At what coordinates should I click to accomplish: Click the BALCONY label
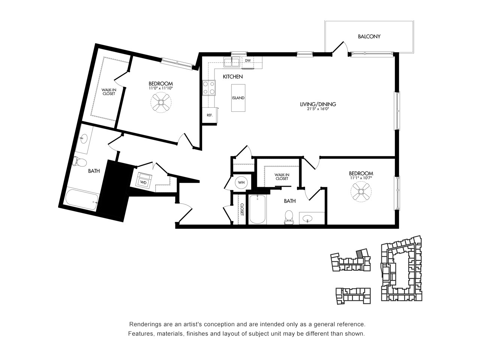tap(369, 36)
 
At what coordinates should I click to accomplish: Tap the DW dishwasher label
tap(248, 60)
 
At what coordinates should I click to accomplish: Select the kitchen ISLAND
tap(238, 98)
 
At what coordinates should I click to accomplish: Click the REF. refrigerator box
tap(210, 115)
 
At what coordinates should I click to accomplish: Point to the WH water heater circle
tap(241, 182)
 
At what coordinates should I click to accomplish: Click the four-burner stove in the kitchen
tap(209, 88)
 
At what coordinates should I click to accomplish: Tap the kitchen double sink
tap(232, 62)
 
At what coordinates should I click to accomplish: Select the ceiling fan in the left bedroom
tap(161, 102)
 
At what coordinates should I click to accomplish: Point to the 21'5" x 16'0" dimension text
tap(318, 109)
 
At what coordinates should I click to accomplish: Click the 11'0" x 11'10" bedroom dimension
tap(161, 88)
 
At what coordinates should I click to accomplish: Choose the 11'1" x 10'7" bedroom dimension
tap(361, 178)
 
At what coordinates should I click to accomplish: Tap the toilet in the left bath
tap(80, 162)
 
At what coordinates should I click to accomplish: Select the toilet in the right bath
tap(289, 217)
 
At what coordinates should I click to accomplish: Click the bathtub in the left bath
tap(82, 199)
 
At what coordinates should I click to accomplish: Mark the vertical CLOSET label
tap(242, 209)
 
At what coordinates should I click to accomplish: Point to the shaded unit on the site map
tap(359, 254)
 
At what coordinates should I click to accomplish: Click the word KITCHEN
tap(232, 77)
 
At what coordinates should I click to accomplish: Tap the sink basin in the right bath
tap(307, 218)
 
